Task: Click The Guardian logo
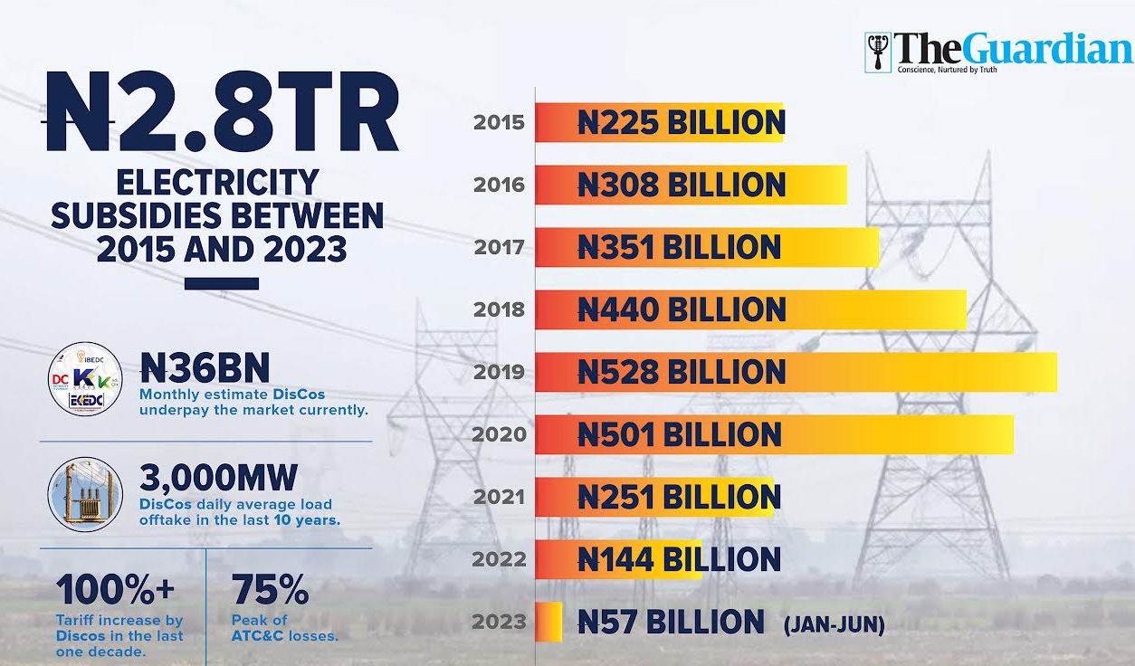[997, 52]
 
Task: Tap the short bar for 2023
[548, 622]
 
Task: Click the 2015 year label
[499, 122]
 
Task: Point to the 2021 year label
[499, 497]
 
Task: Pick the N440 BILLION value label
[682, 309]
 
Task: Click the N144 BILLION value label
[679, 559]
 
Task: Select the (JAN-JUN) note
[834, 623]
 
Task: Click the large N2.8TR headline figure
[223, 112]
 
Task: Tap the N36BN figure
[205, 367]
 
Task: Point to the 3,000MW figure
[218, 478]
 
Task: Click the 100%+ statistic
[115, 591]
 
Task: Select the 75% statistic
[271, 591]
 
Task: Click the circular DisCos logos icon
[85, 379]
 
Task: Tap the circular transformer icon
[85, 493]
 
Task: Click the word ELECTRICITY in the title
[217, 183]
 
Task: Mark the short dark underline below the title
[221, 283]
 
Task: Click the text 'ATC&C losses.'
[285, 635]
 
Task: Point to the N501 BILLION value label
[679, 434]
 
